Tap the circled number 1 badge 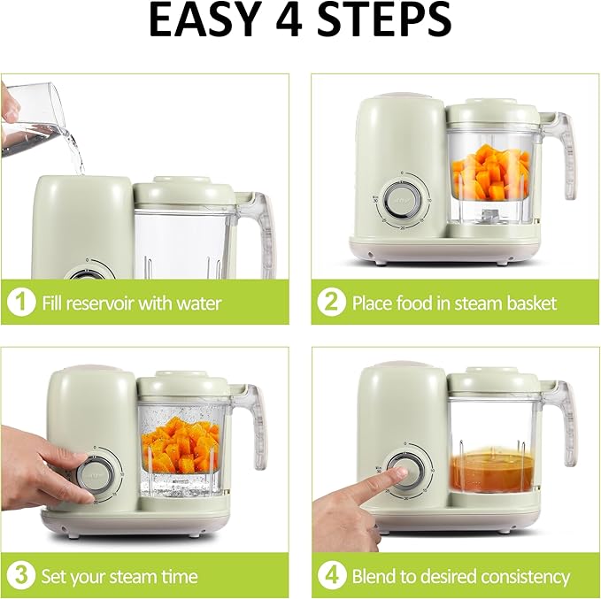pyautogui.click(x=21, y=303)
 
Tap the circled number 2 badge pyautogui.click(x=330, y=303)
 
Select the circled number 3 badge pyautogui.click(x=21, y=575)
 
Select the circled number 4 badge pyautogui.click(x=330, y=575)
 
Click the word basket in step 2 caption pyautogui.click(x=528, y=303)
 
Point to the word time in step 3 pyautogui.click(x=178, y=576)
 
